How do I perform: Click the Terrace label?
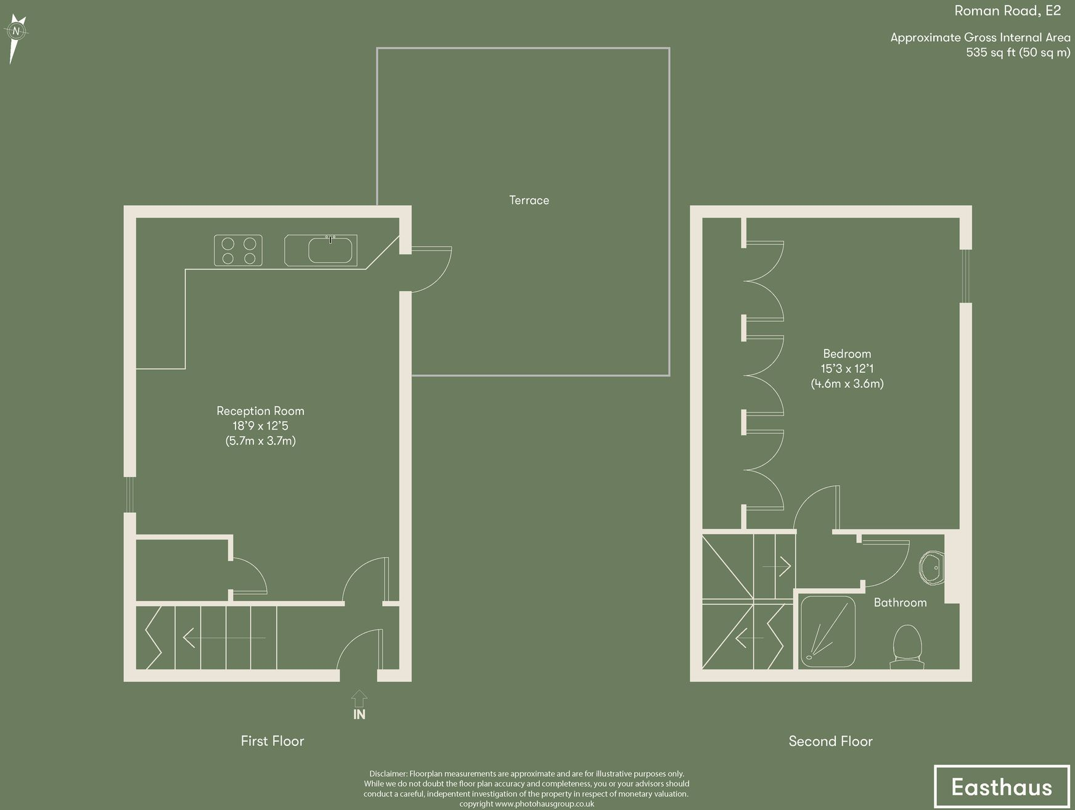(x=529, y=200)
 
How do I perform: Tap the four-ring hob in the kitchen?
(x=239, y=251)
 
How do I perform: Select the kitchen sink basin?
(x=330, y=251)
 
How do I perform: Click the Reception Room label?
(x=260, y=411)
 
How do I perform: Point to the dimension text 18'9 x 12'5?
(x=260, y=426)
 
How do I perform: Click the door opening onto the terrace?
(x=431, y=269)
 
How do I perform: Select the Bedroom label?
(x=847, y=354)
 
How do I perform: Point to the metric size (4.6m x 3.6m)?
(x=847, y=383)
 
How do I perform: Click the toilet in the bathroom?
(x=907, y=646)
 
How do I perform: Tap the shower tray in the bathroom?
(x=828, y=631)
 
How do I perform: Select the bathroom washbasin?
(x=932, y=567)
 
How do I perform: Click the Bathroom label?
(x=900, y=603)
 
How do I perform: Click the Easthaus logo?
(x=1002, y=787)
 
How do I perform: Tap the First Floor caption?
(x=272, y=741)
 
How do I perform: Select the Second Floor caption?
(x=830, y=741)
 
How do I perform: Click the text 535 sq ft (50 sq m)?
(x=1018, y=52)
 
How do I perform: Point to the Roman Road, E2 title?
(x=1007, y=10)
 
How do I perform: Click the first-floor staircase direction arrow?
(x=216, y=638)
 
